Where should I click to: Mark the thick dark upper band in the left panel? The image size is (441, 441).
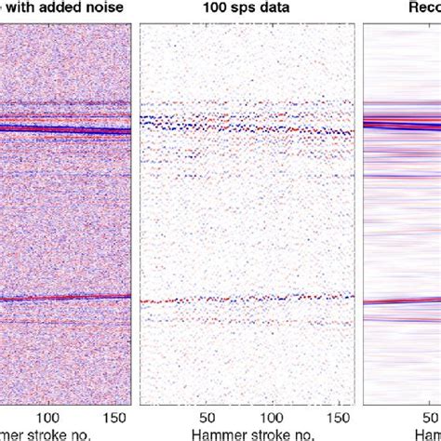click(65, 129)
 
